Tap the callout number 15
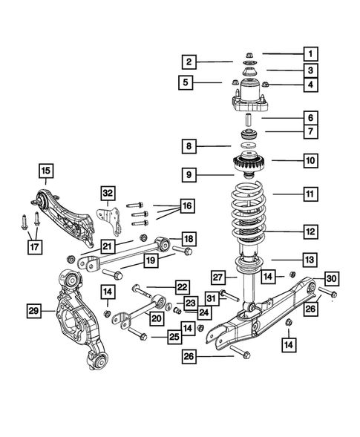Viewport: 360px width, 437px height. (46, 173)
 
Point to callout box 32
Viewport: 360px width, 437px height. (108, 193)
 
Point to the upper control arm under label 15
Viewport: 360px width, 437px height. (71, 215)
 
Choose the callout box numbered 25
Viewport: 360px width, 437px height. (174, 338)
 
